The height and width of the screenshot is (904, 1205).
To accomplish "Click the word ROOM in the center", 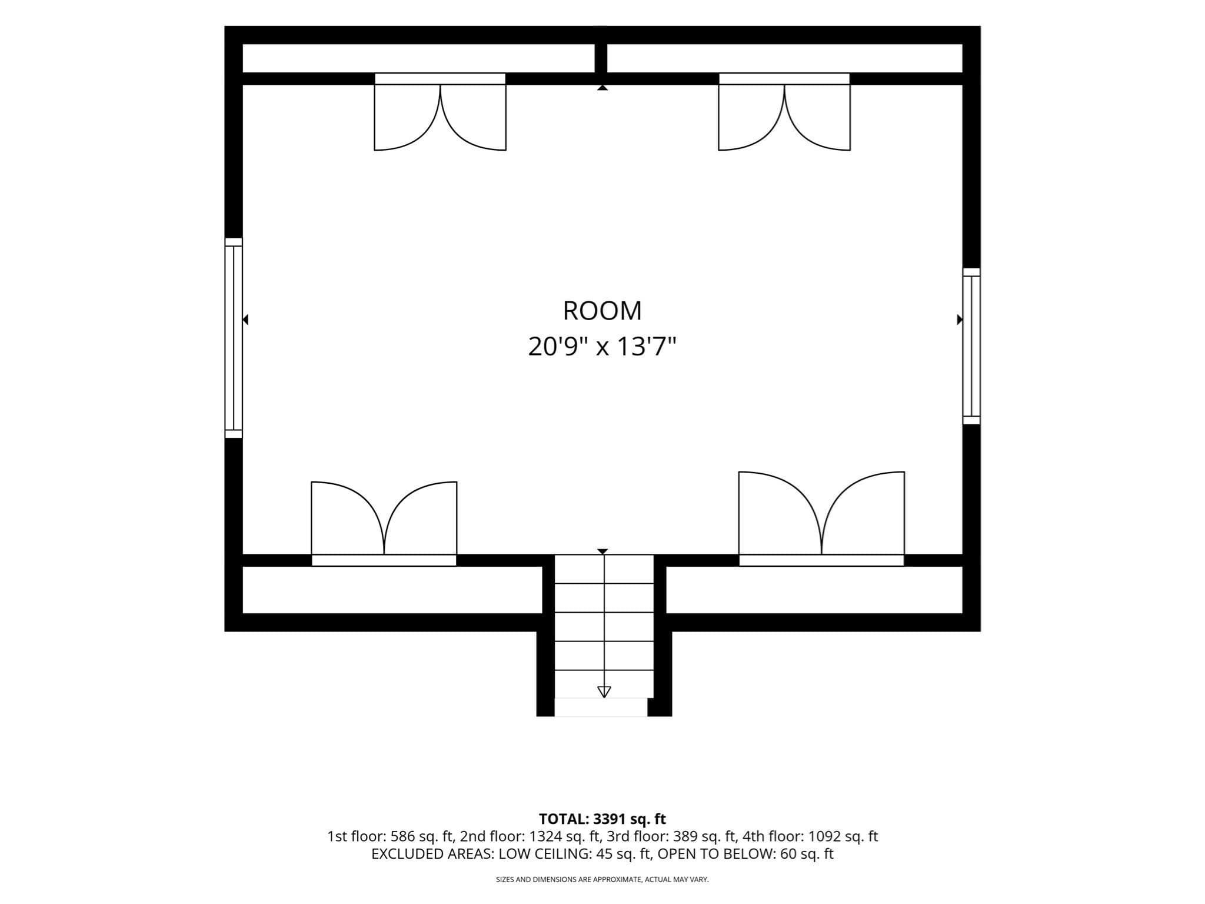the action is point(602,311).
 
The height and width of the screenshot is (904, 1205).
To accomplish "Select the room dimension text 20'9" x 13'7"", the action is point(602,346).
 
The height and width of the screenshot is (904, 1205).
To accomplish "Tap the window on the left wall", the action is point(234,338).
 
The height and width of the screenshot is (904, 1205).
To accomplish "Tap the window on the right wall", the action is point(971,346).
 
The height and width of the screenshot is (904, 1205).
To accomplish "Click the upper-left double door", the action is point(440,112).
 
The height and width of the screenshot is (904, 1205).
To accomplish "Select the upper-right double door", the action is point(784,112).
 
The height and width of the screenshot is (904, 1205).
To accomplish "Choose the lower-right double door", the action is point(821,519).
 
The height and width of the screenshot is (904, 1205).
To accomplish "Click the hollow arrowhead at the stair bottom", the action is point(604,692).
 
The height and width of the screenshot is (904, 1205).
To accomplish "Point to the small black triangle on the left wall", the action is point(246,320).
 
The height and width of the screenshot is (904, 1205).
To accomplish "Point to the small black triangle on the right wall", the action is point(960,320).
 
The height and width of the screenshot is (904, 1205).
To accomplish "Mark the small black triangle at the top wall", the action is point(602,88).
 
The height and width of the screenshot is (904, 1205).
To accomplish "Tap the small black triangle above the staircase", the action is point(602,551).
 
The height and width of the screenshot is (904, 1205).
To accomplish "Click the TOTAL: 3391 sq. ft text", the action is point(602,819).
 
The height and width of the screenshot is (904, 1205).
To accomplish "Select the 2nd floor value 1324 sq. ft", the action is point(564,836).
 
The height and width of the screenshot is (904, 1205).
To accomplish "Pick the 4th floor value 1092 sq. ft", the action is point(843,836).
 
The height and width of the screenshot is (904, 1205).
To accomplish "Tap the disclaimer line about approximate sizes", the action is point(602,880).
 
